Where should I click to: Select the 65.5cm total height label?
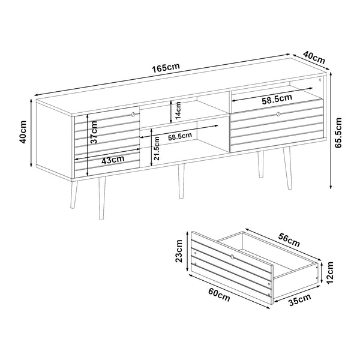click(338, 137)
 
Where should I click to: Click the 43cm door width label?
click(113, 160)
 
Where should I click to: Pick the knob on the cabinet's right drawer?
click(278, 113)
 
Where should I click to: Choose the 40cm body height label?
click(23, 135)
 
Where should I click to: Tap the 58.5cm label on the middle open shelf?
click(179, 137)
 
